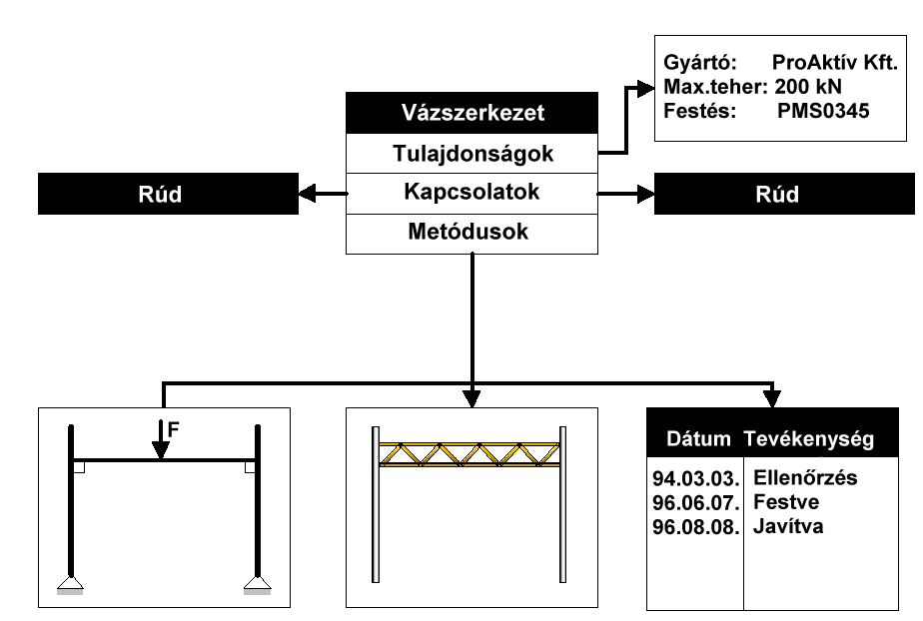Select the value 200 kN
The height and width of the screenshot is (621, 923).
(807, 86)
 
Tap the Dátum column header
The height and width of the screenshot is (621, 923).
(693, 438)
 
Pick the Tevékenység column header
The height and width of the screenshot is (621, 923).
(809, 438)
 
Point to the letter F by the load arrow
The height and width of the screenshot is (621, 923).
(175, 431)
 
